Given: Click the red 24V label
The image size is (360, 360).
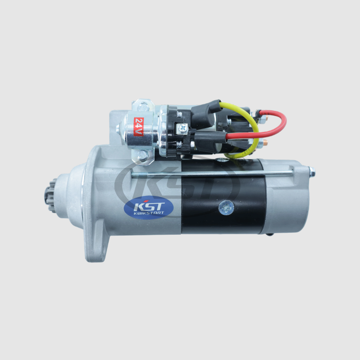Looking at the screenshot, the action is click(x=138, y=126).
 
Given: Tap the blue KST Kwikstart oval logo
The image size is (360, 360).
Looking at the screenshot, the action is click(x=149, y=207).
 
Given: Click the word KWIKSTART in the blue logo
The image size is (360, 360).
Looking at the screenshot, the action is click(x=149, y=213).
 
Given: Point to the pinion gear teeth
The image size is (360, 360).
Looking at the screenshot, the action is click(x=50, y=196).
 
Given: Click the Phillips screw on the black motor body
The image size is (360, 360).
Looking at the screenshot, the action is click(x=227, y=207).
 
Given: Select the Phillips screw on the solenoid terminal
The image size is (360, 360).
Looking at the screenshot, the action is click(x=183, y=128).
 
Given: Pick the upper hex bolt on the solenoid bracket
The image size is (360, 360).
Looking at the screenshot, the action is click(x=143, y=106).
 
